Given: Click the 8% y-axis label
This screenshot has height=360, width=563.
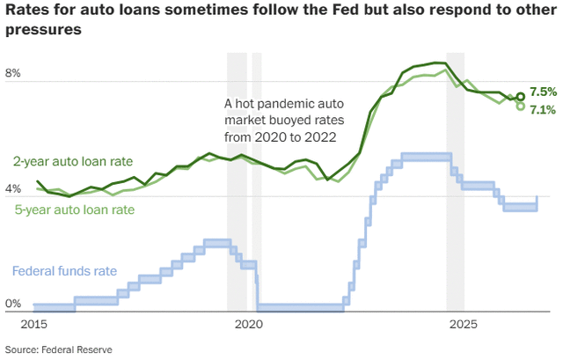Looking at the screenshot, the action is [13, 73].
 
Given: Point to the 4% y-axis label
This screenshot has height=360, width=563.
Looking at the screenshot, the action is [13, 188].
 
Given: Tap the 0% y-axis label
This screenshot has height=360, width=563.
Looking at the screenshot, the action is [13, 304].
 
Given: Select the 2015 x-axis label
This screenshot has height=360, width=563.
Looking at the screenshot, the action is [33, 325].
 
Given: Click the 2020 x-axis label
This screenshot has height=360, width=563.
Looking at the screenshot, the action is [249, 325].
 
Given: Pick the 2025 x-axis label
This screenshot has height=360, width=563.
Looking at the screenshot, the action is [464, 325].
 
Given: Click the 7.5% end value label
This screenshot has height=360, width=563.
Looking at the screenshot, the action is [544, 92].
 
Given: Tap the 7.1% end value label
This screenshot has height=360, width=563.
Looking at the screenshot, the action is [544, 110].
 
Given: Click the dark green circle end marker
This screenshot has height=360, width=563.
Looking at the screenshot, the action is [521, 96].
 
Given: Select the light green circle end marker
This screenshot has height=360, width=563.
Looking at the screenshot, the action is [520, 107].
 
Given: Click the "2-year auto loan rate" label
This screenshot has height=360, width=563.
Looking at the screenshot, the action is [73, 162].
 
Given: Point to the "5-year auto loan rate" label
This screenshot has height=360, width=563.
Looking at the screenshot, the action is [75, 209].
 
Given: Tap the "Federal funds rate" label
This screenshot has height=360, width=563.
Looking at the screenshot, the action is [64, 271].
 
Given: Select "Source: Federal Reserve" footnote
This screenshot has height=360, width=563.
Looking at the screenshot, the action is [59, 349].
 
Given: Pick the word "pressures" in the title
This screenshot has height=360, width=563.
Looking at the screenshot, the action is [43, 30].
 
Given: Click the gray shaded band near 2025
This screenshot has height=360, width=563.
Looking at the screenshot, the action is [456, 181].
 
